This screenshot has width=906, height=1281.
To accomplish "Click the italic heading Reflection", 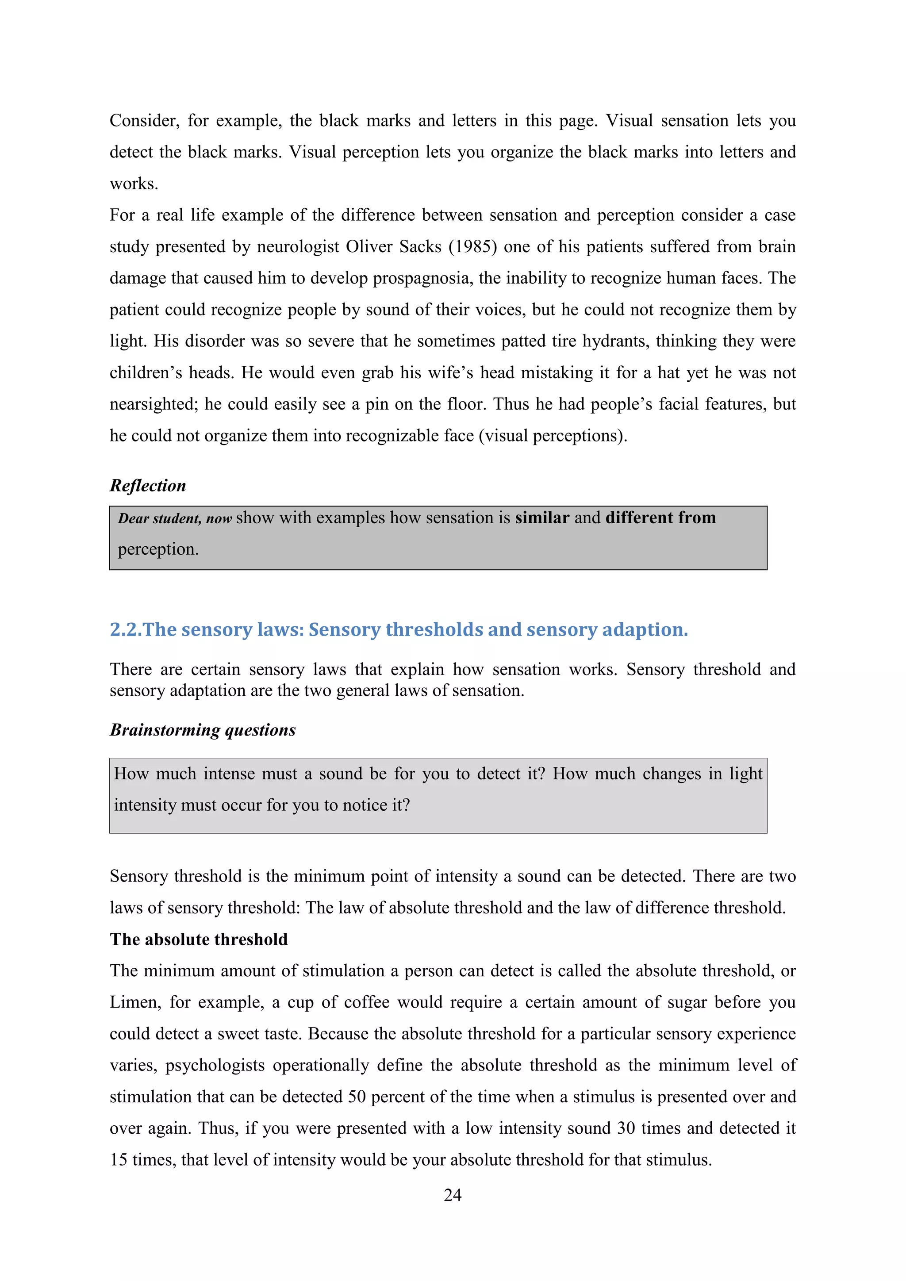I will (x=148, y=485).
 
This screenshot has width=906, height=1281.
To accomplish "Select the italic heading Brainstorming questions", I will (x=203, y=730).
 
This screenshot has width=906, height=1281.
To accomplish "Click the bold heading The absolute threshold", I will (x=199, y=940).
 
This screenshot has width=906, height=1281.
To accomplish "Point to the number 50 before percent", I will (x=357, y=1097).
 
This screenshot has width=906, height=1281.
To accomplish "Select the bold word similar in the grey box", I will (x=542, y=518).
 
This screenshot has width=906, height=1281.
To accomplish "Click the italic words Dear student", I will (x=159, y=518).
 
